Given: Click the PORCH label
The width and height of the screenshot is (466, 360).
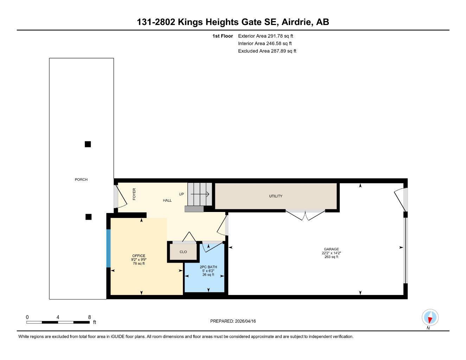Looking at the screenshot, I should click(x=81, y=180).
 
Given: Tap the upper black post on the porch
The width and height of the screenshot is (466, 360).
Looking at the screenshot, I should click(x=88, y=144).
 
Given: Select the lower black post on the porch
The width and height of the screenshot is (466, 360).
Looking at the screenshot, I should click(x=89, y=217).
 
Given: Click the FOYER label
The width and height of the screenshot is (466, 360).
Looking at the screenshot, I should click(x=134, y=194).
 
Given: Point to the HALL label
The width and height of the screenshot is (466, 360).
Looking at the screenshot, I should click(x=167, y=200).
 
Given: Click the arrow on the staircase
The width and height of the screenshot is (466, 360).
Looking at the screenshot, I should click(x=200, y=194).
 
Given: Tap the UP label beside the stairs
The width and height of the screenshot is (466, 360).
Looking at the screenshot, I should click(x=181, y=194).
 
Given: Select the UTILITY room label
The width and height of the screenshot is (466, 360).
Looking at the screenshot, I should click(x=276, y=196).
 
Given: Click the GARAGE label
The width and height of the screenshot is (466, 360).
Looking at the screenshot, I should click(x=331, y=249).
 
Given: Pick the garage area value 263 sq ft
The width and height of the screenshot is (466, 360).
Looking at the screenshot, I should click(x=331, y=257).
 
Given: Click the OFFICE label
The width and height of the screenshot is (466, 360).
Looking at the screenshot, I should click(x=139, y=256).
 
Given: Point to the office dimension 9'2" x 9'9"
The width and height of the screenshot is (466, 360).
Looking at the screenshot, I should click(x=139, y=260).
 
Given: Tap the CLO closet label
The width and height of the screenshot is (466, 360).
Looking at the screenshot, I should click(x=183, y=252).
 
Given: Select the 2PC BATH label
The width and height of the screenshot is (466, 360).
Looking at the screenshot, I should click(x=208, y=267).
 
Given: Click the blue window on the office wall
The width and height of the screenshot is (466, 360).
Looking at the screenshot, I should click(x=108, y=248).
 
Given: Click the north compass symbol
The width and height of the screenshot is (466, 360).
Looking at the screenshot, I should click(x=430, y=318).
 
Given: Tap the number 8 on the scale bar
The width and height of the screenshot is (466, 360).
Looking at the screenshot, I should click(x=89, y=317).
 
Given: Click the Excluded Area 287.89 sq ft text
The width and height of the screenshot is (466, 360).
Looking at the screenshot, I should click(x=267, y=51).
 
